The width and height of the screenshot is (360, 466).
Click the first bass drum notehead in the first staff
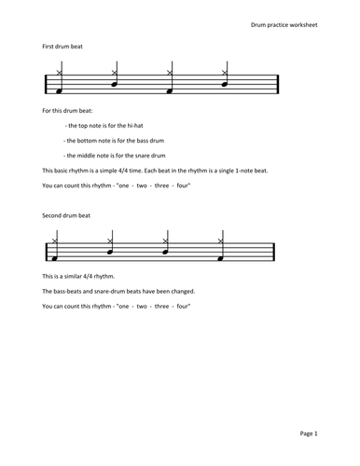pos(58,92)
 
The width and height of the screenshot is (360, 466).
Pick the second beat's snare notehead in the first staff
pos(114,84)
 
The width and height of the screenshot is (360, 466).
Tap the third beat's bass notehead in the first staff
pos(169,92)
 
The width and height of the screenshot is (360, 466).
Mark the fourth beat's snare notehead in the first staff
pos(224,84)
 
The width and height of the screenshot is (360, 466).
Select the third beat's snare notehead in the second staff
pos(164,251)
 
